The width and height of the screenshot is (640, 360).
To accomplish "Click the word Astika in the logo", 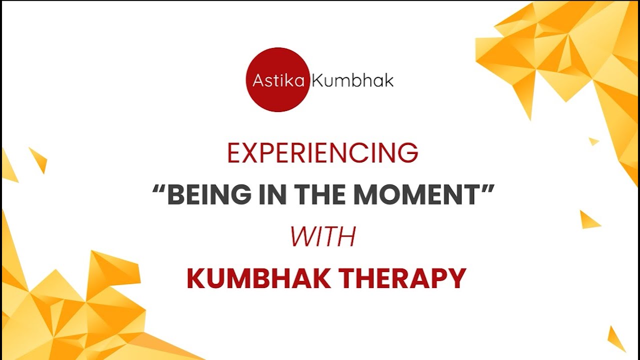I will tap(278, 80).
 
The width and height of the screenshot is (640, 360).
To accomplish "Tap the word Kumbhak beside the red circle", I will tap(352, 80).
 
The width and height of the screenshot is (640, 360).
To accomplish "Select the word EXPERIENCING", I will tap(322, 153).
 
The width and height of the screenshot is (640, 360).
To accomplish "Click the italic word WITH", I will tap(322, 237).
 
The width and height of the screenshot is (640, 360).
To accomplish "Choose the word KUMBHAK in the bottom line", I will tap(258, 279).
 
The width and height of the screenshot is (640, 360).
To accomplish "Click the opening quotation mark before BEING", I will tap(158, 189).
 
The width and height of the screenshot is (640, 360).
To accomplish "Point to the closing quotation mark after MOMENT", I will tap(487, 189).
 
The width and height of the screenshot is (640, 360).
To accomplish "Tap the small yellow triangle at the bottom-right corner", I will tap(616, 340).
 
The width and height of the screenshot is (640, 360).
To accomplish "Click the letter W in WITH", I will tap(302, 237).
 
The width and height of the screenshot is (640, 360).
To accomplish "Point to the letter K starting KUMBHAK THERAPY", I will tap(195, 279).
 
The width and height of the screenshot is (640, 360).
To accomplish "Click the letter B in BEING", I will tap(175, 195).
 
